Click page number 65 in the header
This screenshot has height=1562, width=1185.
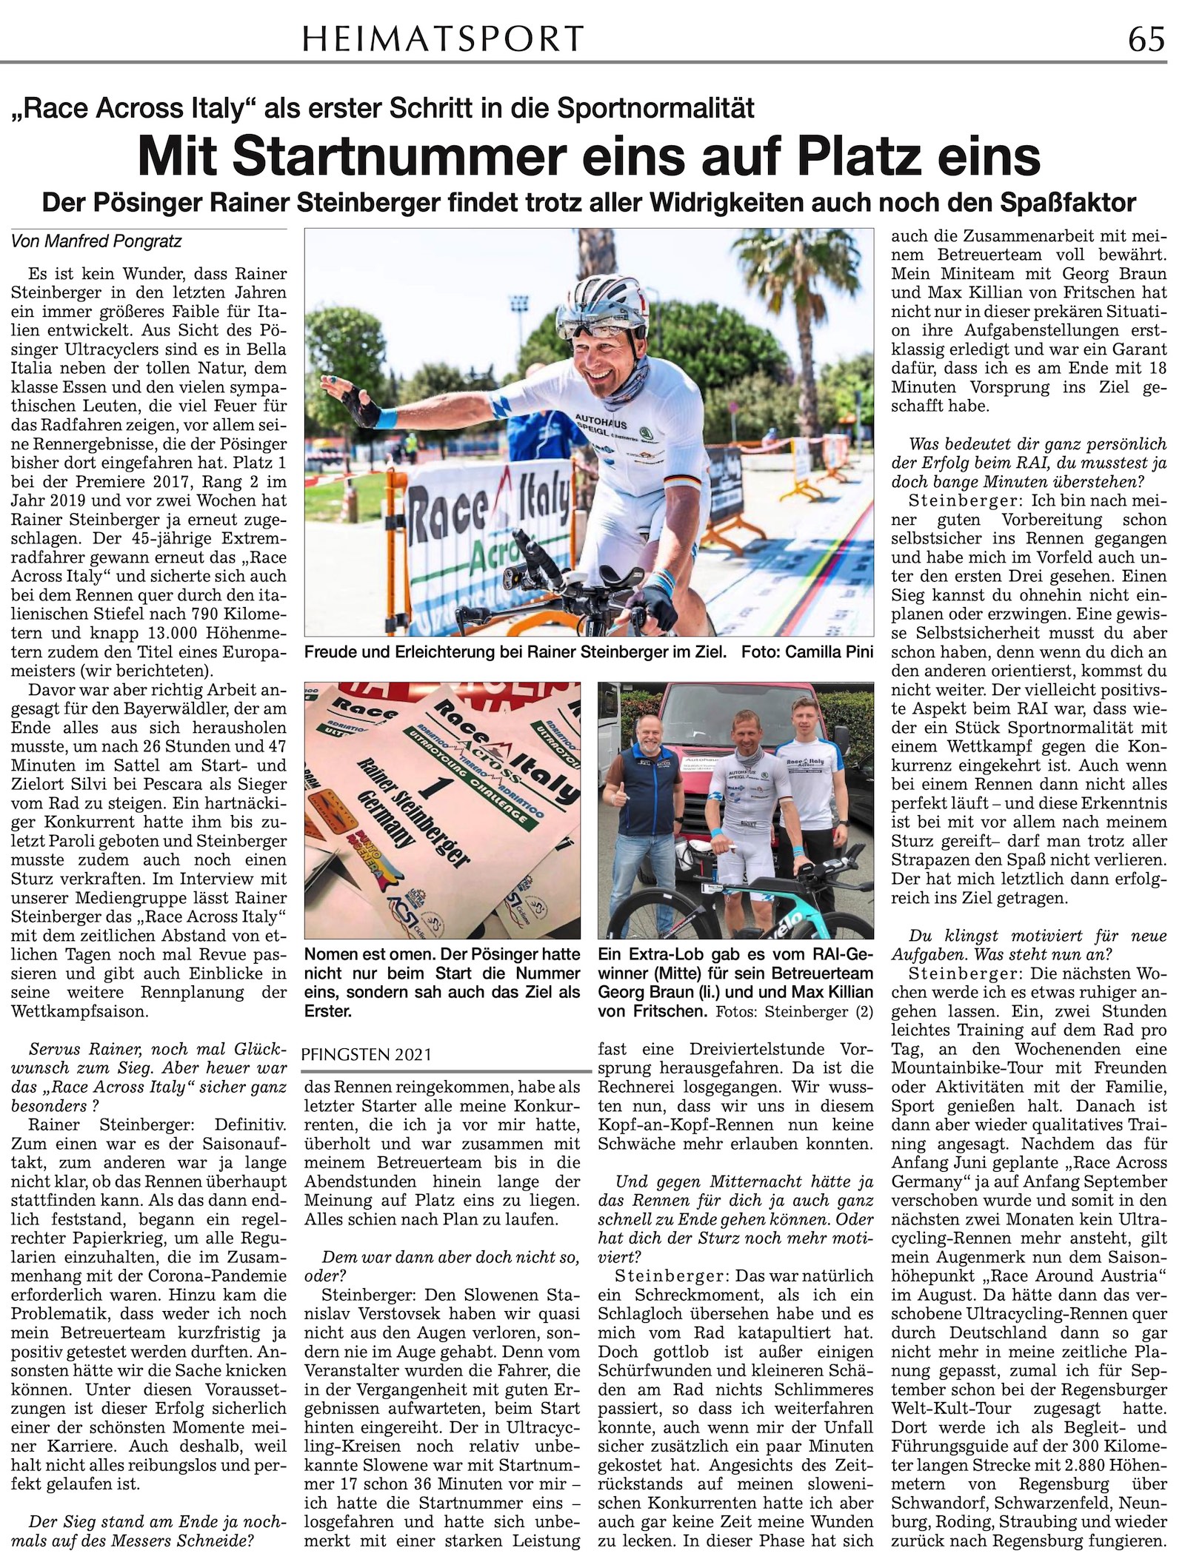coord(1146,38)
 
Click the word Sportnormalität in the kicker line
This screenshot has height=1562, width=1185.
coord(655,108)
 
